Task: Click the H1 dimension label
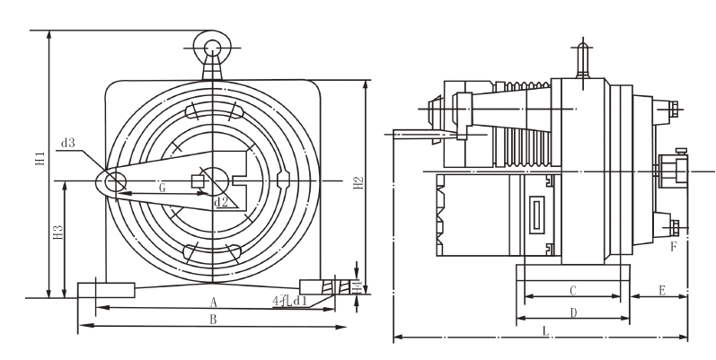[40, 158]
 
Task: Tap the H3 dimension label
[58, 233]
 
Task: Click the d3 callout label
[68, 144]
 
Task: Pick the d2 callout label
[221, 202]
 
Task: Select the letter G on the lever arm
[162, 188]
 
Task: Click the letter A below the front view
[213, 302]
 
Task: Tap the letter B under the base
[213, 320]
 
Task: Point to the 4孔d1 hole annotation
[290, 301]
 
